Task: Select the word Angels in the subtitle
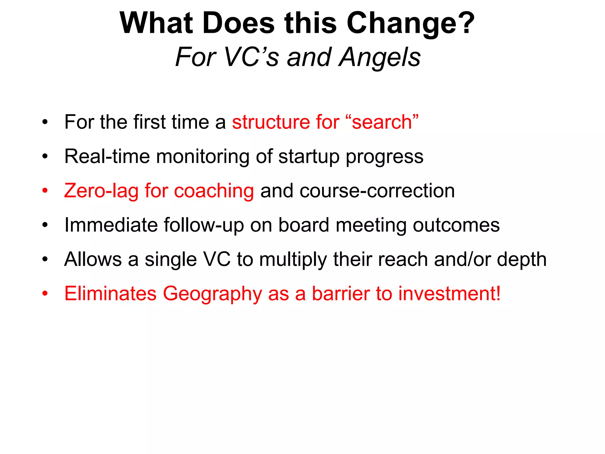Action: point(380,57)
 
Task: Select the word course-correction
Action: point(377,191)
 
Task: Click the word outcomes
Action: point(456,225)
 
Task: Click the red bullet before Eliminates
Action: point(45,294)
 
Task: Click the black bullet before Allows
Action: point(45,260)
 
